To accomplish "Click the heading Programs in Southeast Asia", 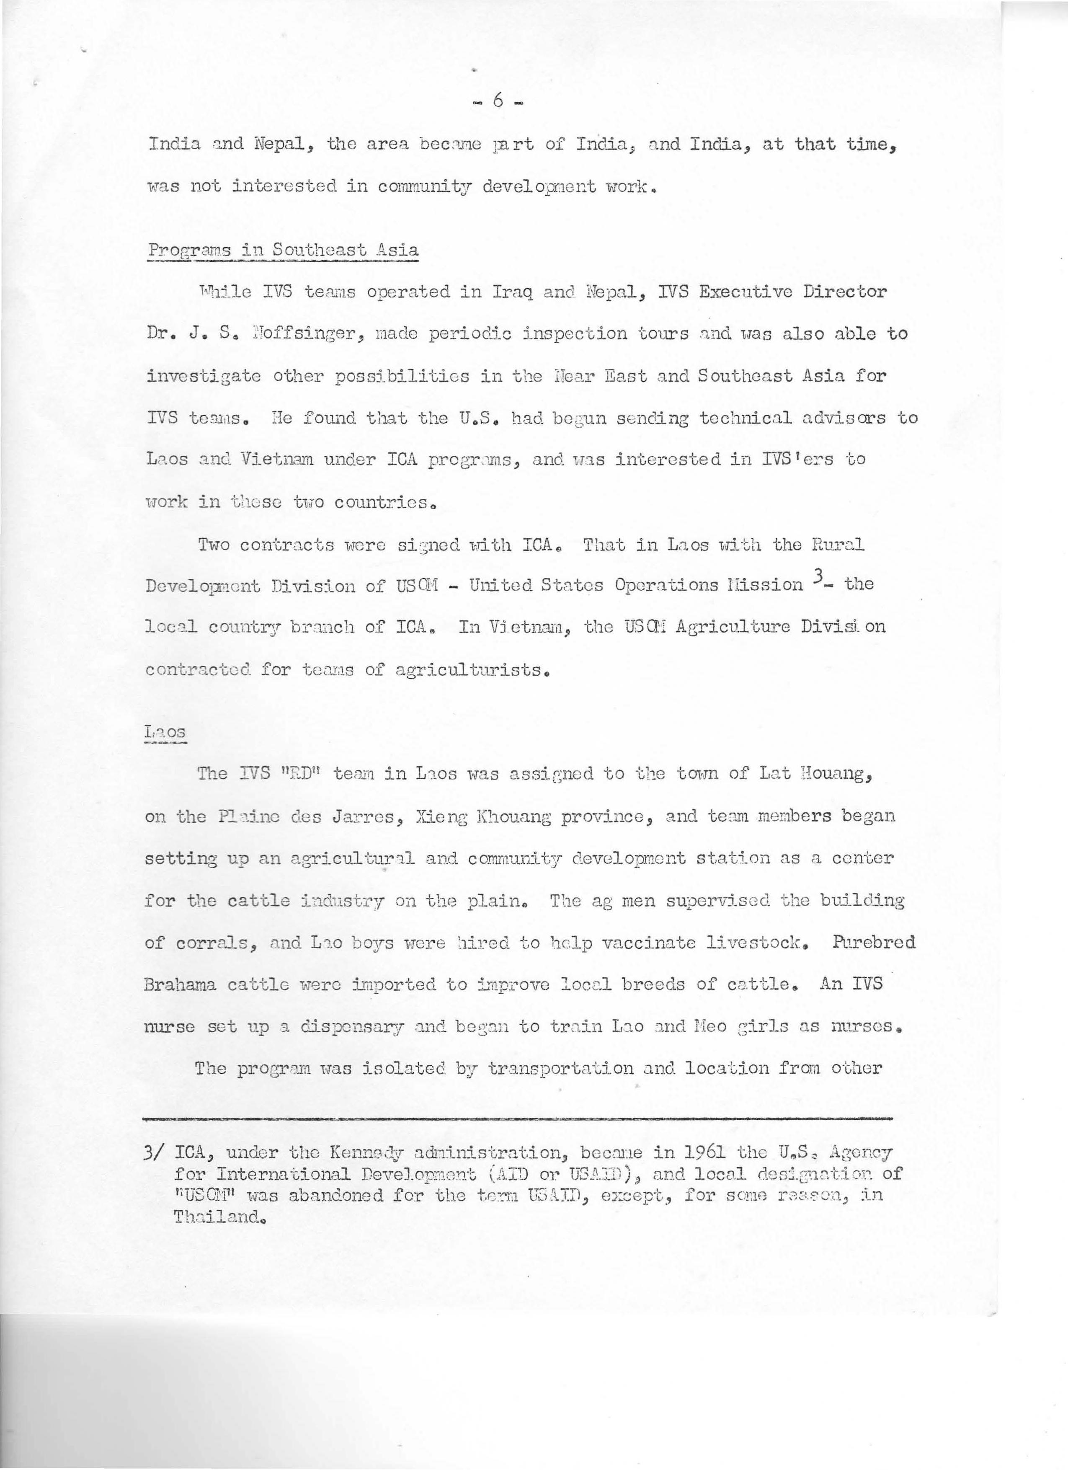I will [x=283, y=250].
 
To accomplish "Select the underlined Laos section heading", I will [x=165, y=732].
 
